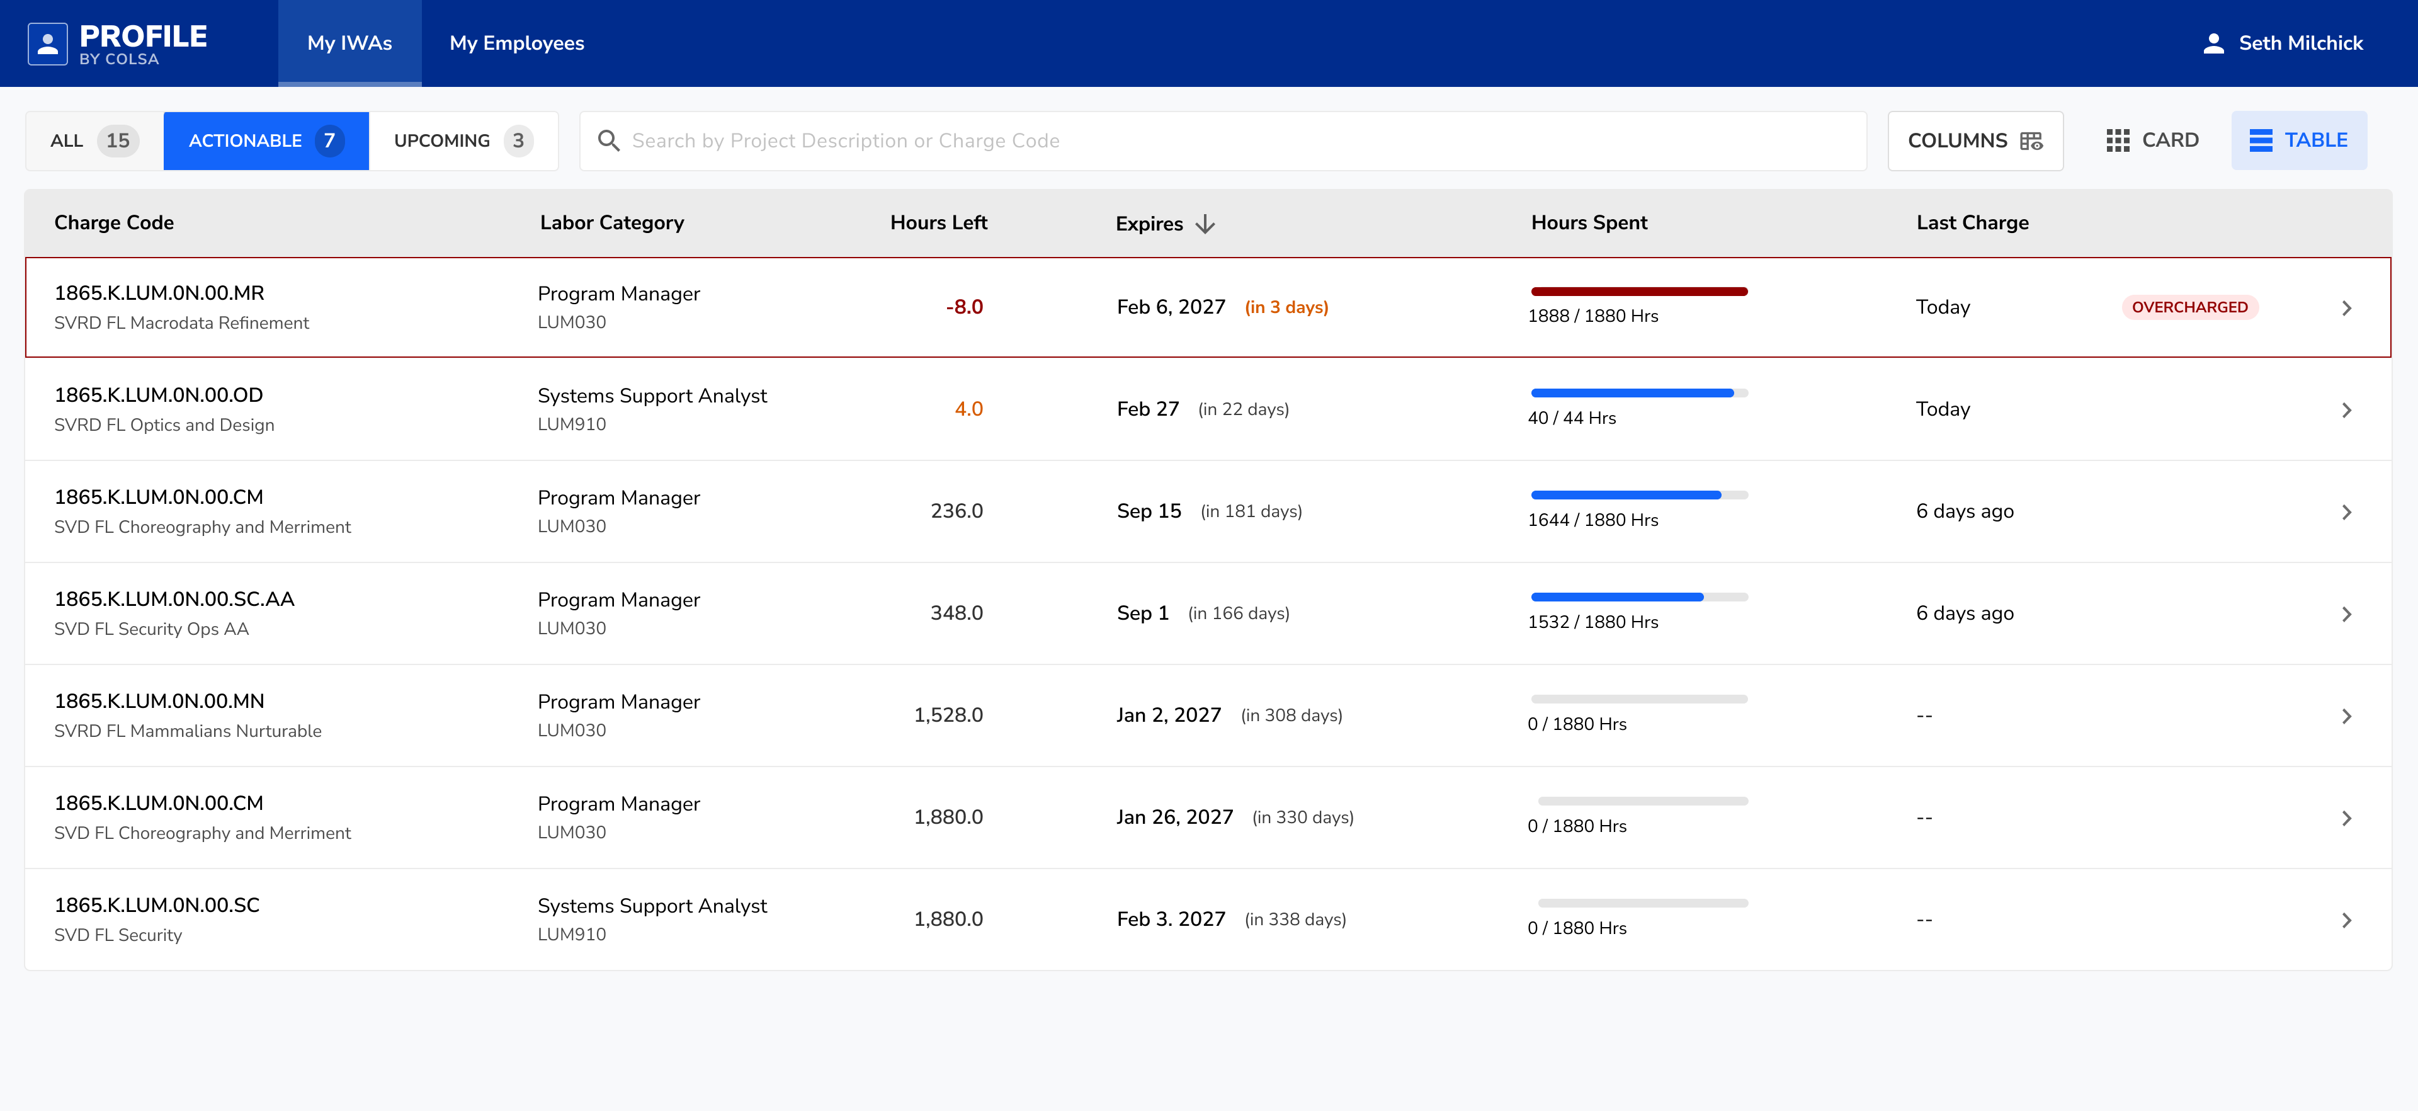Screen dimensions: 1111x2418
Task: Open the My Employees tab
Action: tap(516, 43)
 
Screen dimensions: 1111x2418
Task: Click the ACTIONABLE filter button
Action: tap(266, 141)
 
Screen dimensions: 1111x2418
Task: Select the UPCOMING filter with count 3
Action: tap(463, 141)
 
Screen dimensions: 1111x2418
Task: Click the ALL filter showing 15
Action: tap(94, 141)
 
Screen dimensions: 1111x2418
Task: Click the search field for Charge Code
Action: tap(1220, 141)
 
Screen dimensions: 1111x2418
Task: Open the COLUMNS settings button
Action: tap(1974, 141)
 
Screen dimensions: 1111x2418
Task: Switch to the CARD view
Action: tap(2152, 141)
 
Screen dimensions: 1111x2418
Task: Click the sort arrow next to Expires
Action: tap(1205, 224)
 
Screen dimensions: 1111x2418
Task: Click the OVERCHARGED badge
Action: tap(2189, 307)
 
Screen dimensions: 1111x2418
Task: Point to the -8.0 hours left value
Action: tap(964, 307)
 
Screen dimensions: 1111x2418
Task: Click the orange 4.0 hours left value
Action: tap(968, 409)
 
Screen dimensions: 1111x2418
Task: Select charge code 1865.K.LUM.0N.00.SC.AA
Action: tap(174, 599)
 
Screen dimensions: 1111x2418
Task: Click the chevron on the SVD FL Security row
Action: tap(2346, 920)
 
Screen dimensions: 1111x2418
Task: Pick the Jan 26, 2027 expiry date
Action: tap(1174, 817)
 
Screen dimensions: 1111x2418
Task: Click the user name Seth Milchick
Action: tap(2300, 43)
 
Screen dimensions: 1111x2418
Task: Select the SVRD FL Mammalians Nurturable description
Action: tap(188, 731)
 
